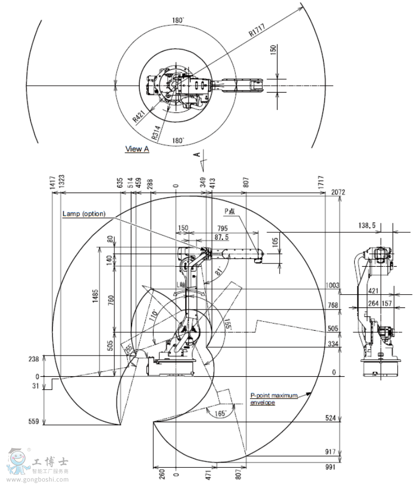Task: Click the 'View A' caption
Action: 137,149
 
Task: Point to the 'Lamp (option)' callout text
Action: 84,214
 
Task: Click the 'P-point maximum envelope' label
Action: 274,398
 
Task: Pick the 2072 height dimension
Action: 337,192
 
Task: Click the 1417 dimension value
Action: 53,183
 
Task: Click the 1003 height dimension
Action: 333,285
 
